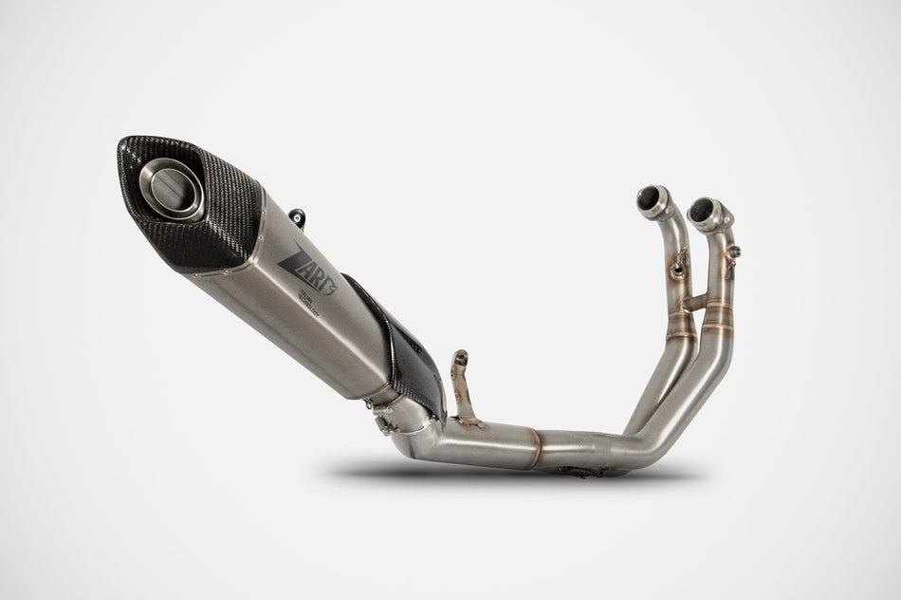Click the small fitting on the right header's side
tap(736, 251)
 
